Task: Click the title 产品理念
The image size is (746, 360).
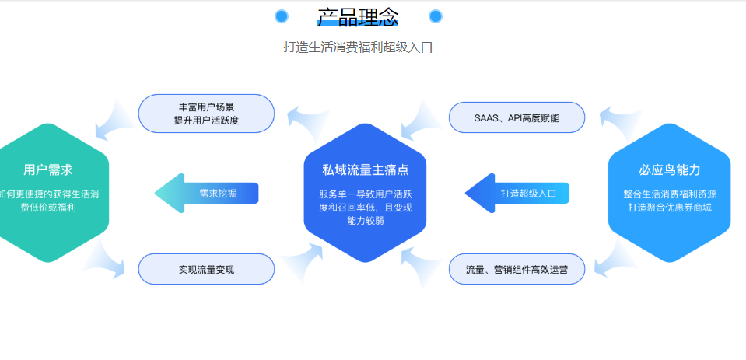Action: pyautogui.click(x=358, y=17)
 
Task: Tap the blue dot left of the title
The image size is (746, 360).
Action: pyautogui.click(x=282, y=16)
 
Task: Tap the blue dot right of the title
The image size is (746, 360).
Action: pyautogui.click(x=436, y=16)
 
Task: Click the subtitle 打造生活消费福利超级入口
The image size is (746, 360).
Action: pyautogui.click(x=358, y=47)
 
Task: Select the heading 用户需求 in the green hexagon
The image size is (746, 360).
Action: pyautogui.click(x=48, y=170)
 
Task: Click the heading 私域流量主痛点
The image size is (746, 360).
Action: pyautogui.click(x=365, y=170)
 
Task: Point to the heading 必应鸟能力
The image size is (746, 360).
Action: pyautogui.click(x=670, y=170)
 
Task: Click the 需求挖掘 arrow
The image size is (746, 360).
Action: pyautogui.click(x=206, y=193)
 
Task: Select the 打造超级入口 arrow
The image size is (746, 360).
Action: pyautogui.click(x=517, y=193)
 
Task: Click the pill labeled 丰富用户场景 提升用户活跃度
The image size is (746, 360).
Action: pyautogui.click(x=206, y=114)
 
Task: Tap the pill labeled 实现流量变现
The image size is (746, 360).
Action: pyautogui.click(x=206, y=269)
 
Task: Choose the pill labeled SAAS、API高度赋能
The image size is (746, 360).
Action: pyautogui.click(x=517, y=117)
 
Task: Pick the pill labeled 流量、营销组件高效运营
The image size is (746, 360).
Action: pyautogui.click(x=517, y=269)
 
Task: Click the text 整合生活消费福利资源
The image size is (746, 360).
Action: pyautogui.click(x=670, y=194)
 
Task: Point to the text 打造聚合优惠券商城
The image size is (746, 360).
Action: pyautogui.click(x=670, y=208)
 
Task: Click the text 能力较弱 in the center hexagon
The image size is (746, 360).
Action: pyautogui.click(x=365, y=221)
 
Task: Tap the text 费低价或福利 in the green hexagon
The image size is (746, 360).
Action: pyautogui.click(x=48, y=208)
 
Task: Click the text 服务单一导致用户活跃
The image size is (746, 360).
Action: pyautogui.click(x=365, y=194)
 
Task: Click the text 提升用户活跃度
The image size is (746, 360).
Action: pyautogui.click(x=206, y=121)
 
